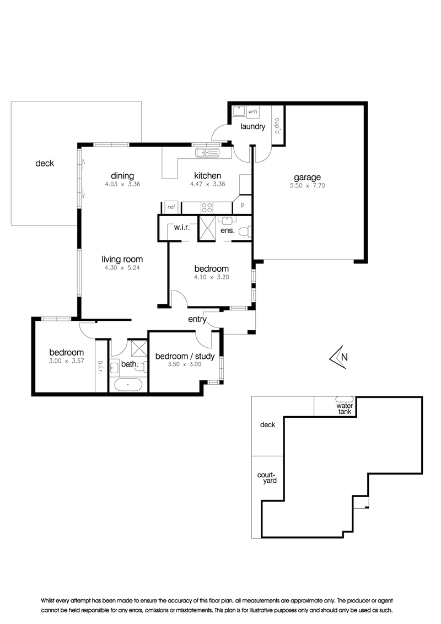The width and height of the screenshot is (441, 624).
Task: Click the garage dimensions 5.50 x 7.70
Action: [307, 185]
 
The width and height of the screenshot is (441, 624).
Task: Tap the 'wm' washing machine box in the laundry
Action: [252, 112]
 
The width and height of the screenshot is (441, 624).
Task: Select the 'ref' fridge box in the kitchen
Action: [171, 207]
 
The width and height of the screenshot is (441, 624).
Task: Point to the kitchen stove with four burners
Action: [207, 207]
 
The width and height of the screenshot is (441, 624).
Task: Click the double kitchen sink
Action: [207, 152]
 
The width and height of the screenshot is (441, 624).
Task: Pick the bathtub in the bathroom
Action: [127, 385]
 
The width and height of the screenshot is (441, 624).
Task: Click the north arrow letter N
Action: [345, 357]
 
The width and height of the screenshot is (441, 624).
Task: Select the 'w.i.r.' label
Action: [181, 228]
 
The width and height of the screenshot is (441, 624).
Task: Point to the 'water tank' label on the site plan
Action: [345, 408]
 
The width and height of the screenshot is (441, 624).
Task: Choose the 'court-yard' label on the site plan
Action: [267, 477]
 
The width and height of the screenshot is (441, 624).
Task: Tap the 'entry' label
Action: [197, 319]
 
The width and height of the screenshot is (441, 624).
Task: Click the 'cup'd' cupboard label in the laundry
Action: [277, 125]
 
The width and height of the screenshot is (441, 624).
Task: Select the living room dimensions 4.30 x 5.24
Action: [122, 268]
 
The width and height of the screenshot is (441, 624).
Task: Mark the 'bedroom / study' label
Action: [185, 356]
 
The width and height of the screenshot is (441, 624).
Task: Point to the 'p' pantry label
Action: [243, 206]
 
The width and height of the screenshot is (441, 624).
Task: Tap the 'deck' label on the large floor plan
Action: [45, 163]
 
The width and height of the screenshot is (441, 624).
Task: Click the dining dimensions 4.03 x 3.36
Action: [122, 184]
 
